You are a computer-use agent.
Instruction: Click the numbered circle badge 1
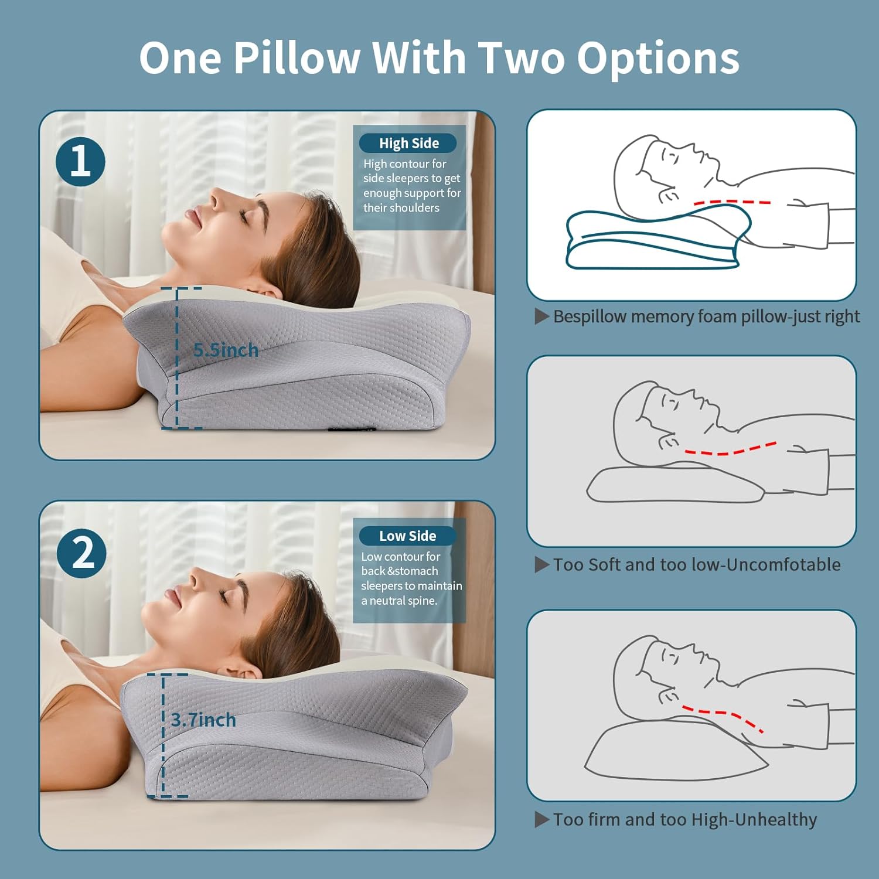[81, 162]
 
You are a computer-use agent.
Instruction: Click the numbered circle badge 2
[81, 553]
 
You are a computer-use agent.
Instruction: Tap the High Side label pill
[408, 143]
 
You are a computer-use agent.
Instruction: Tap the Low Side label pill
[407, 536]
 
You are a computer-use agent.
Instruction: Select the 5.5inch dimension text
[226, 350]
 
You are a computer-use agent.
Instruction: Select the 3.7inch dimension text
[203, 720]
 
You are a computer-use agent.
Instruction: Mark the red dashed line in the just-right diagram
[732, 202]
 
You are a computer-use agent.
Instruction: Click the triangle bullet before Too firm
[541, 820]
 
